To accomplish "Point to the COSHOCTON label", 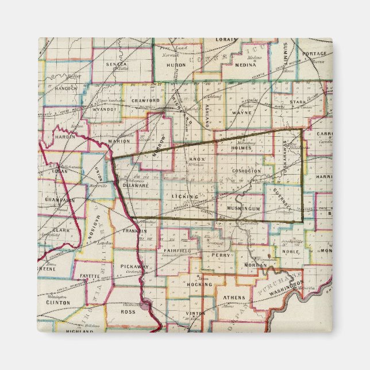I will coord(248,171).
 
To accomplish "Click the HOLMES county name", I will coord(241,148).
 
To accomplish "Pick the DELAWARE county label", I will coord(136,186).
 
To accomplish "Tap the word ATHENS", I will coord(234,297).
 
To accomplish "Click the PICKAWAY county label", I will coord(135,267).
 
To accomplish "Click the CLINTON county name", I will coord(58,302).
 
